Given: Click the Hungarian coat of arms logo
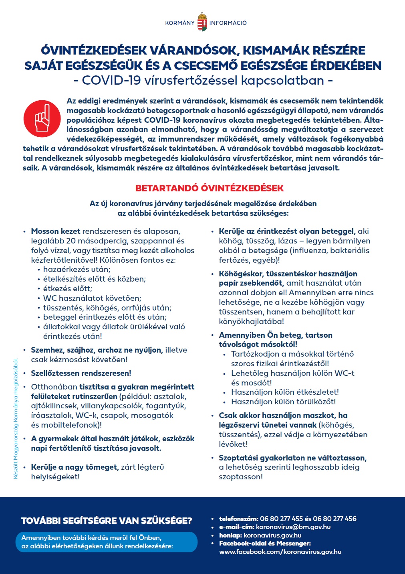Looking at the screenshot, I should point(202,23).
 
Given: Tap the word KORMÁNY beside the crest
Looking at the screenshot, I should point(180,23).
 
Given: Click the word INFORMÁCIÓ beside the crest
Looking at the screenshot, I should point(228,23).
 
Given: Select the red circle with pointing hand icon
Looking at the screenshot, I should point(42,118).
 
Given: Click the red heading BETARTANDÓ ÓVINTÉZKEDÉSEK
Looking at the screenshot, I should point(209,188).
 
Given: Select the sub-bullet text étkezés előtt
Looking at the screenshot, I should point(68,288).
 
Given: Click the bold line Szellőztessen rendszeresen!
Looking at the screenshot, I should point(81,373).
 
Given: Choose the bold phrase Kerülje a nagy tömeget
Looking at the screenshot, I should point(75,467).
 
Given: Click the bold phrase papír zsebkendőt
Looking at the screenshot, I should point(251,283).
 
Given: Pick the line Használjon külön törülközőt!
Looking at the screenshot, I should point(283,402).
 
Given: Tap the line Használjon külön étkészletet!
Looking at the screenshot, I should point(285,392).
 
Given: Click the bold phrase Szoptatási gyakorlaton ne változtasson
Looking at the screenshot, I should point(292,458).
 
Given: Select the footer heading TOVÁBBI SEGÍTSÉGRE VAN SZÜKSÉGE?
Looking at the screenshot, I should point(107,521).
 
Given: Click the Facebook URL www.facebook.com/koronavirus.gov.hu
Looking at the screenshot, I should point(280,552).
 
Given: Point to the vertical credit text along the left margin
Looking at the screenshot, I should point(16,419).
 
